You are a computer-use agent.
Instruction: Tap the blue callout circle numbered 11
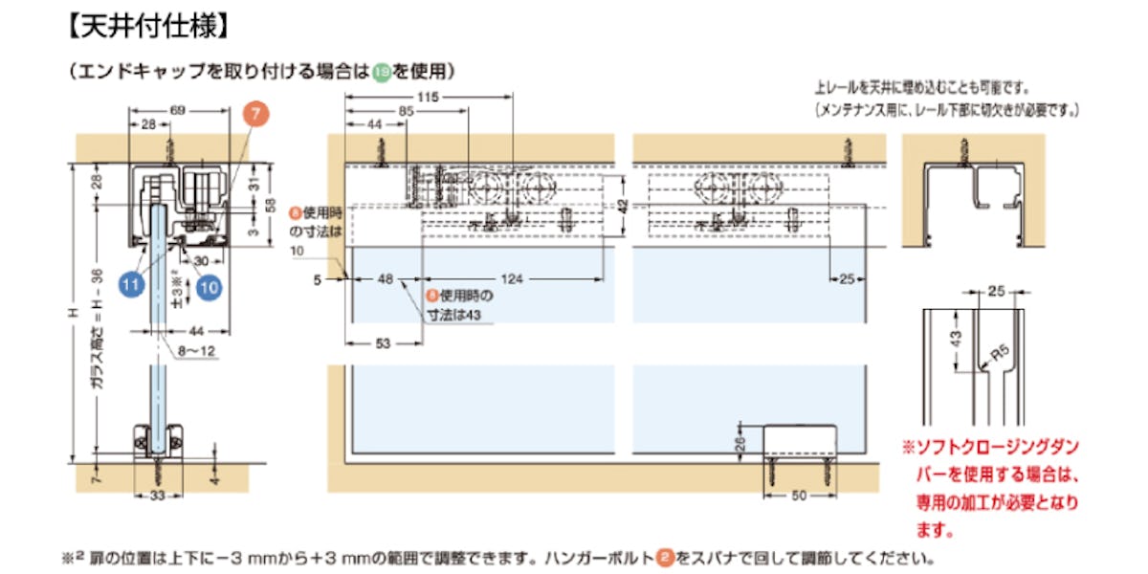coord(130,284)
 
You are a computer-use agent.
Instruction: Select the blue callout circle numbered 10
coord(209,284)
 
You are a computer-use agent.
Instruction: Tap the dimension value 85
coord(407,111)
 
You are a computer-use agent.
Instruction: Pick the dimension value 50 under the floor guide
coord(800,495)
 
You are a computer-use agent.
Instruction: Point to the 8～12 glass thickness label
coord(196,351)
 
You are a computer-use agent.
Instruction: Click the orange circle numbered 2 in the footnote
coord(663,556)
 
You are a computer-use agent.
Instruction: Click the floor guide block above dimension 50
coord(800,442)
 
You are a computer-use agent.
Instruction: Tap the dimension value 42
coord(622,205)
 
